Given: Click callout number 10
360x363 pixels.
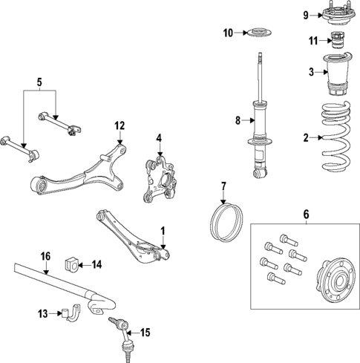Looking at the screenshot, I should tap(228, 33).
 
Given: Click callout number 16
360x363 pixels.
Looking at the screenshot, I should tap(45, 256).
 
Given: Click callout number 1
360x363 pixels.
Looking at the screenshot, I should tap(164, 230).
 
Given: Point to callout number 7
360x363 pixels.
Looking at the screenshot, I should tap(223, 185).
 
